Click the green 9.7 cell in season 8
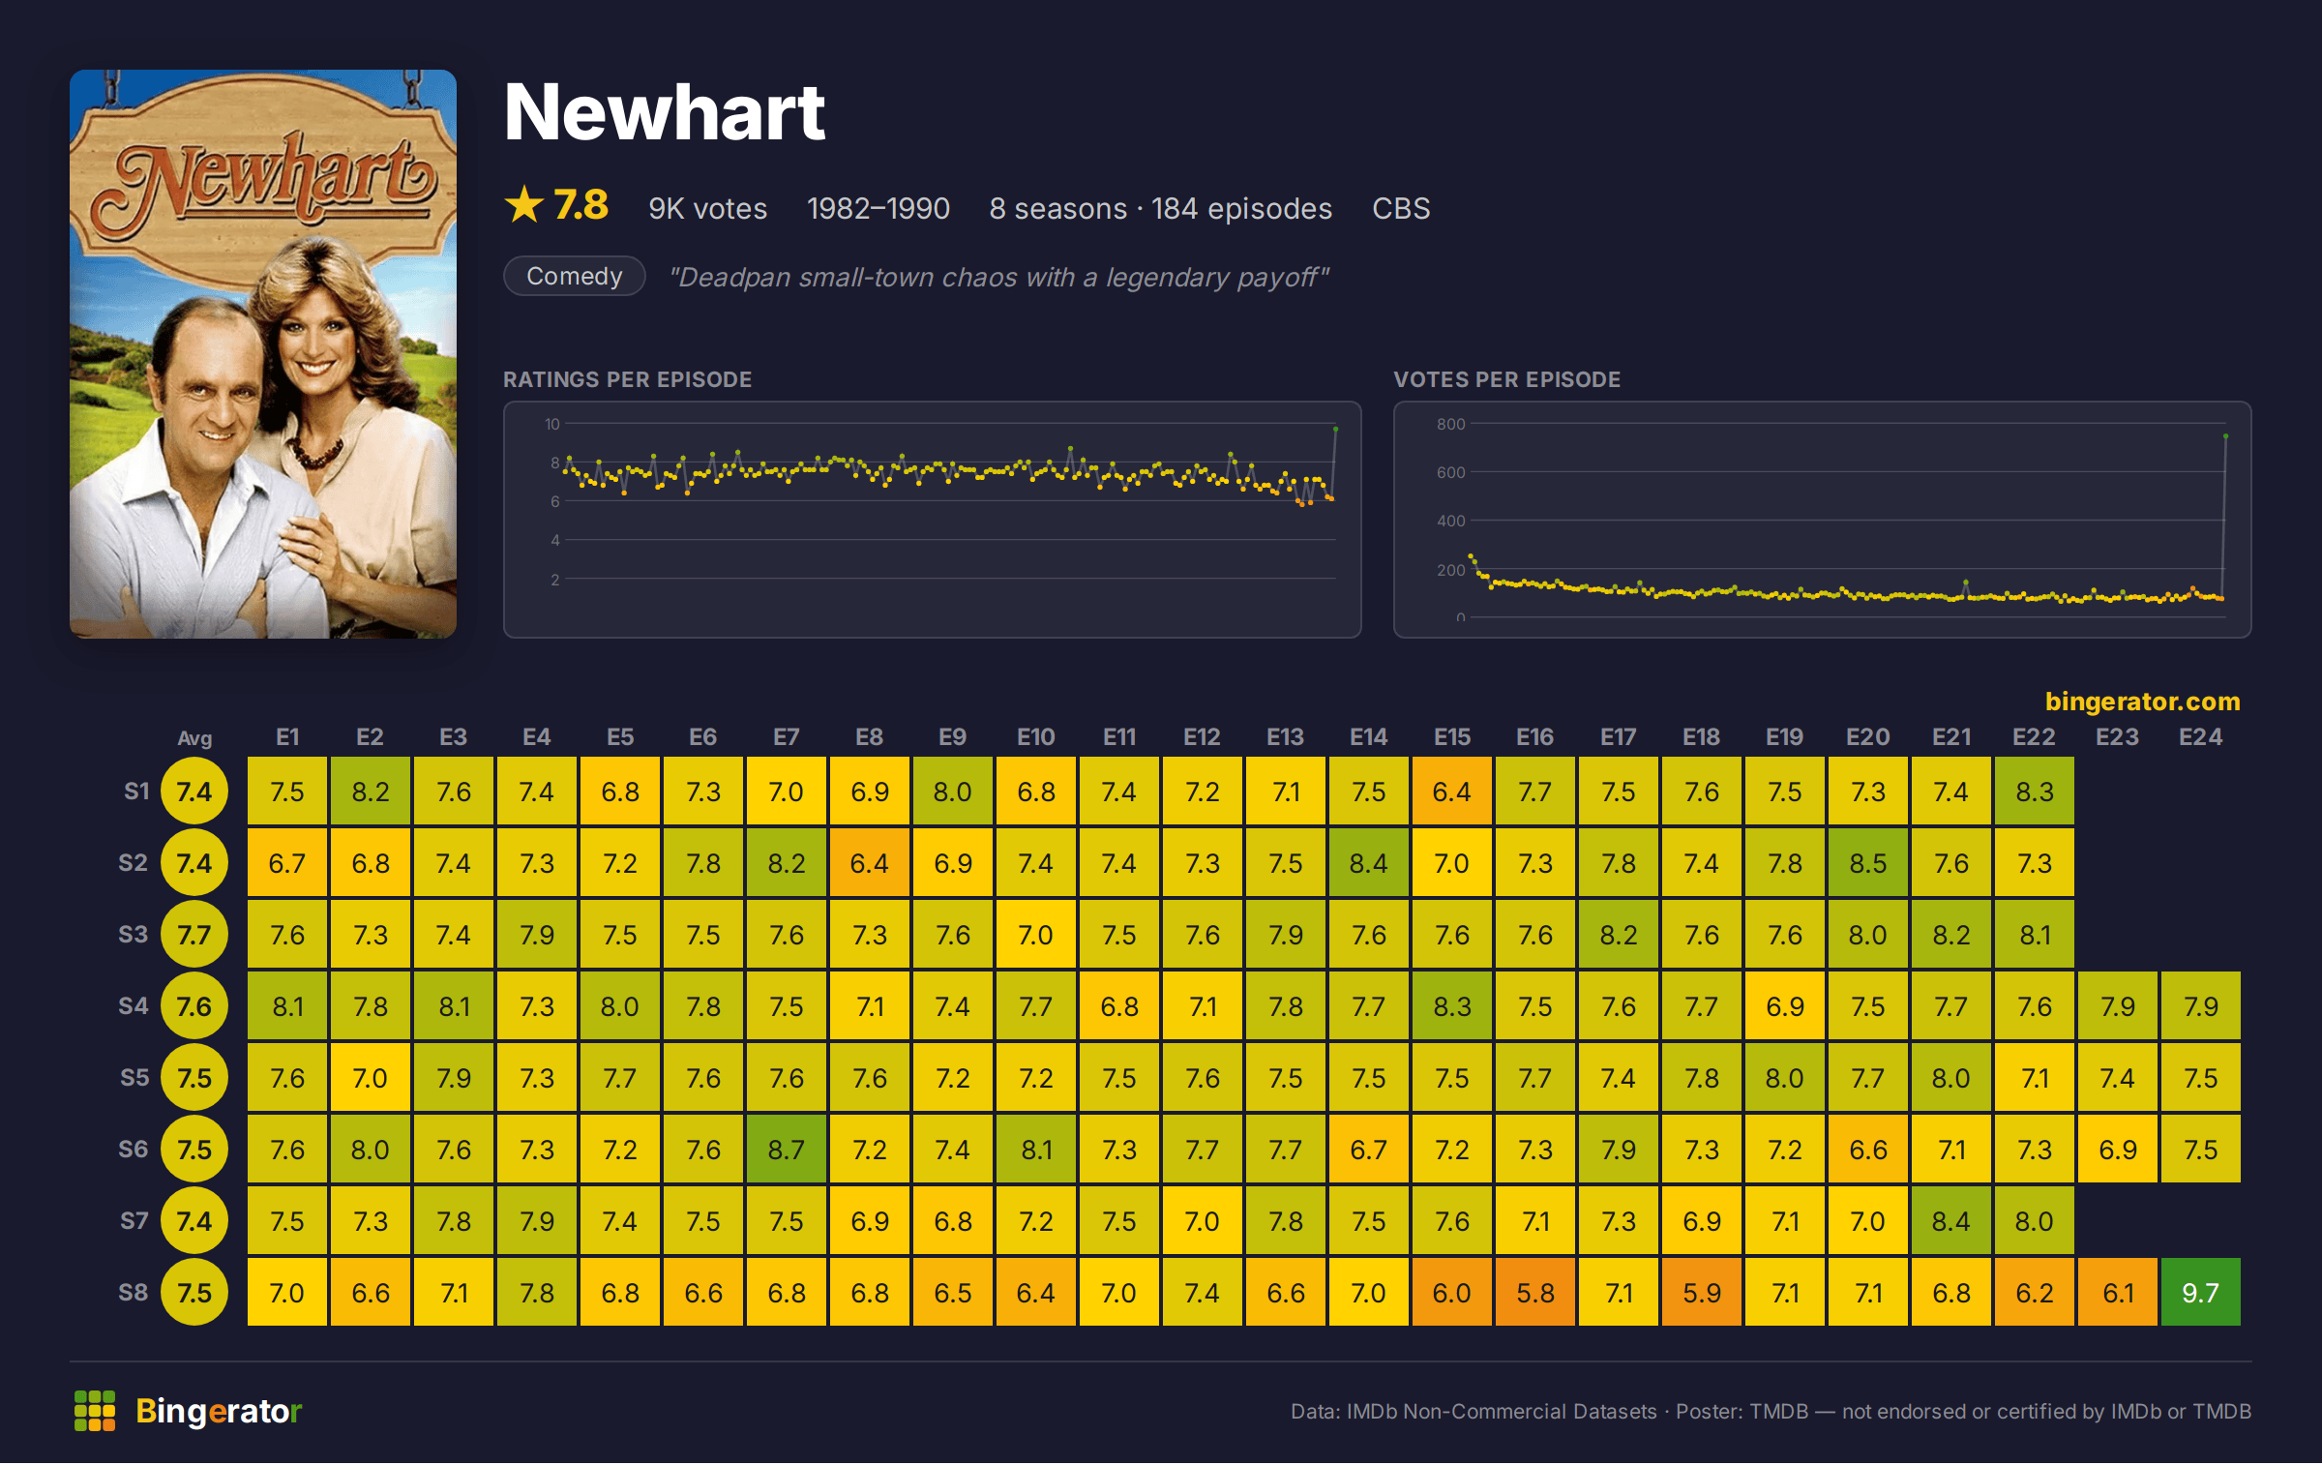click(2199, 1292)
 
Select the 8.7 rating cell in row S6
click(787, 1149)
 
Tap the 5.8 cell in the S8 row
click(1535, 1292)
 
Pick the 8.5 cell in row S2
click(1868, 862)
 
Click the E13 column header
click(1286, 737)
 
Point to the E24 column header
click(2200, 737)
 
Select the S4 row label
click(134, 1005)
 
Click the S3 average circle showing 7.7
click(194, 934)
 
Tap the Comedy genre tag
click(575, 276)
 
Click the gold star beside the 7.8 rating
click(524, 204)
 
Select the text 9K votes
click(707, 208)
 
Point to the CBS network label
click(1401, 208)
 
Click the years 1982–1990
click(878, 208)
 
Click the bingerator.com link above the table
click(2143, 701)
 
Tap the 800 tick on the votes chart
click(1451, 424)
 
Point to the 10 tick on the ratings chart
click(552, 424)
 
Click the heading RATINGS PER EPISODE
click(627, 379)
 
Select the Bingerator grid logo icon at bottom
click(95, 1411)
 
